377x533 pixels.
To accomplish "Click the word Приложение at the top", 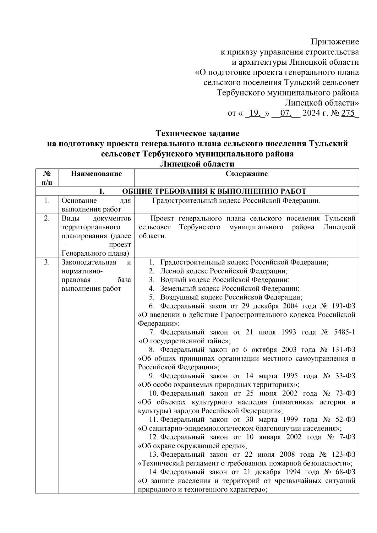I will point(335,42).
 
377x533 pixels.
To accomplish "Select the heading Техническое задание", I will point(198,133).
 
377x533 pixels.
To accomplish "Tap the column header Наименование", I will point(96,174).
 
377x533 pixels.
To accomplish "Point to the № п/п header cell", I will point(46,177).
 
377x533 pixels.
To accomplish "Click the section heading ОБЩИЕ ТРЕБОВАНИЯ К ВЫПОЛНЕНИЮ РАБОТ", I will point(214,191).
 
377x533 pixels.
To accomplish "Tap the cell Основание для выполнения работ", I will point(96,205).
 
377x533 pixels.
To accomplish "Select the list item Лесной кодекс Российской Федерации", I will point(224,271).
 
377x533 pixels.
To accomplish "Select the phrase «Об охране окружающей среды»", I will point(192,446).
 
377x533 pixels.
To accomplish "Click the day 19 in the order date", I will point(255,113).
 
